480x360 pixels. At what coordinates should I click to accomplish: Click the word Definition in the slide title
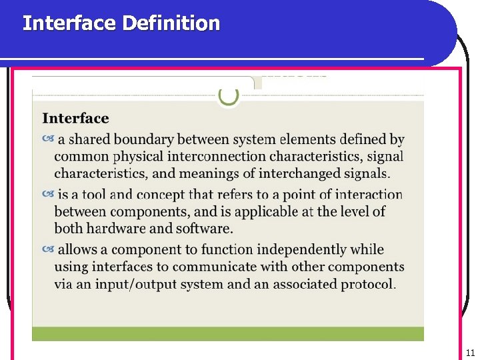tap(171, 23)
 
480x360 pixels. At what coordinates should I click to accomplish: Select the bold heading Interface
tap(75, 119)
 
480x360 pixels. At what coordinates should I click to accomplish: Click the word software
tap(203, 228)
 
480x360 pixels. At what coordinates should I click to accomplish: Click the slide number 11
tap(470, 353)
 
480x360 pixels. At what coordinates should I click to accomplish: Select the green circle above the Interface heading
tap(229, 96)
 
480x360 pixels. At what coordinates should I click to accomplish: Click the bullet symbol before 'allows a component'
tap(48, 249)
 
